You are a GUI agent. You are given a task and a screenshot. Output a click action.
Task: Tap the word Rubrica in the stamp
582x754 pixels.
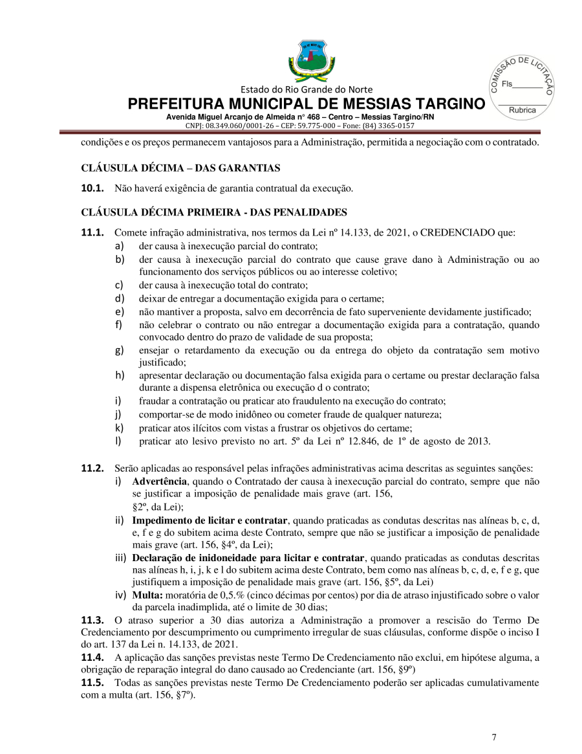point(523,110)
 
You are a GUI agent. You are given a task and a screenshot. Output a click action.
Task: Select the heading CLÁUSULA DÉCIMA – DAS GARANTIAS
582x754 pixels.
point(180,168)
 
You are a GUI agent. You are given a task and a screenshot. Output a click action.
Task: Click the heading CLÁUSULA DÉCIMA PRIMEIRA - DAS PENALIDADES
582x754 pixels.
point(214,212)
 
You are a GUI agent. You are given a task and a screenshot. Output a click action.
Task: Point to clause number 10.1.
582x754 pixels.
point(91,189)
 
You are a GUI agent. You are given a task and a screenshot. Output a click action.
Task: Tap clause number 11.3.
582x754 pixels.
point(91,620)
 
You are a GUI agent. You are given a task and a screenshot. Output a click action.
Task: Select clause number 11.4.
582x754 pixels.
point(91,656)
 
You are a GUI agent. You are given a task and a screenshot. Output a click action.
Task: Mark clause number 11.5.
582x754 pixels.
point(91,682)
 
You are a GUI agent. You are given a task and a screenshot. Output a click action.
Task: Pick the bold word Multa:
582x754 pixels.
point(148,595)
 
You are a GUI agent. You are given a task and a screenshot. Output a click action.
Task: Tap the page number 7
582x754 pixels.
point(494,737)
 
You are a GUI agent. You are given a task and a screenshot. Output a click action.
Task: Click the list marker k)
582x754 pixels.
point(120,428)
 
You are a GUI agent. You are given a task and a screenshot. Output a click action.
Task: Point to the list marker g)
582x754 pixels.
point(120,350)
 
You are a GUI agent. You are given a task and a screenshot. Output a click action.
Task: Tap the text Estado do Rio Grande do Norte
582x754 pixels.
point(307,89)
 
